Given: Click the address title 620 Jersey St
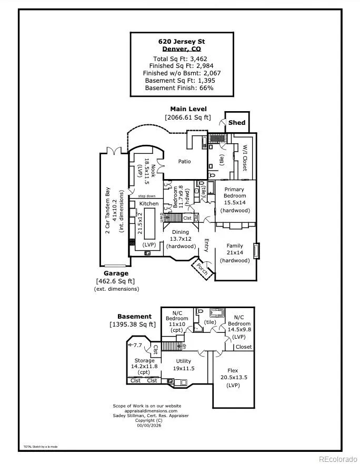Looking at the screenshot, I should pos(182,41).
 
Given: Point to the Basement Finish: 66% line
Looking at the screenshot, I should pos(182,88).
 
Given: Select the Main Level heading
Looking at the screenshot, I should pos(188,109).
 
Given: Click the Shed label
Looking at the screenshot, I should pos(237,123).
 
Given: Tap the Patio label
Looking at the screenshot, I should pos(184,161).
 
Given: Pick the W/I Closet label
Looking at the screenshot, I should pos(245,158).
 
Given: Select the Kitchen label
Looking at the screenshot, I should pos(148,203).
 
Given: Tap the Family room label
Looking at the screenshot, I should pos(235,245).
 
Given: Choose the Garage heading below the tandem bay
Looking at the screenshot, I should pos(116,273).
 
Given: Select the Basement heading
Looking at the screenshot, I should pos(134,317).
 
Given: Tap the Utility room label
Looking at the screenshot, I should pos(184,361).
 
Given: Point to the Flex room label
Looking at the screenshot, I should pos(233,370).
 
